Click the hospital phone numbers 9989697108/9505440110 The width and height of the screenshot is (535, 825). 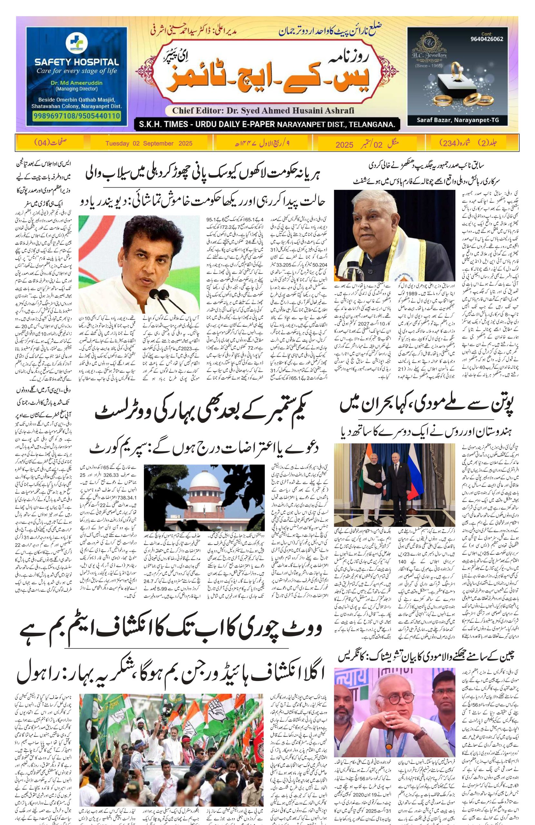click(77, 116)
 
